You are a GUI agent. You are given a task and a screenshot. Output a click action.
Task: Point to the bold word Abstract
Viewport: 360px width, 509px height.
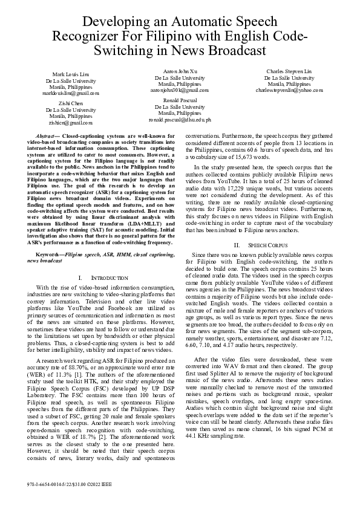[46, 137]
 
